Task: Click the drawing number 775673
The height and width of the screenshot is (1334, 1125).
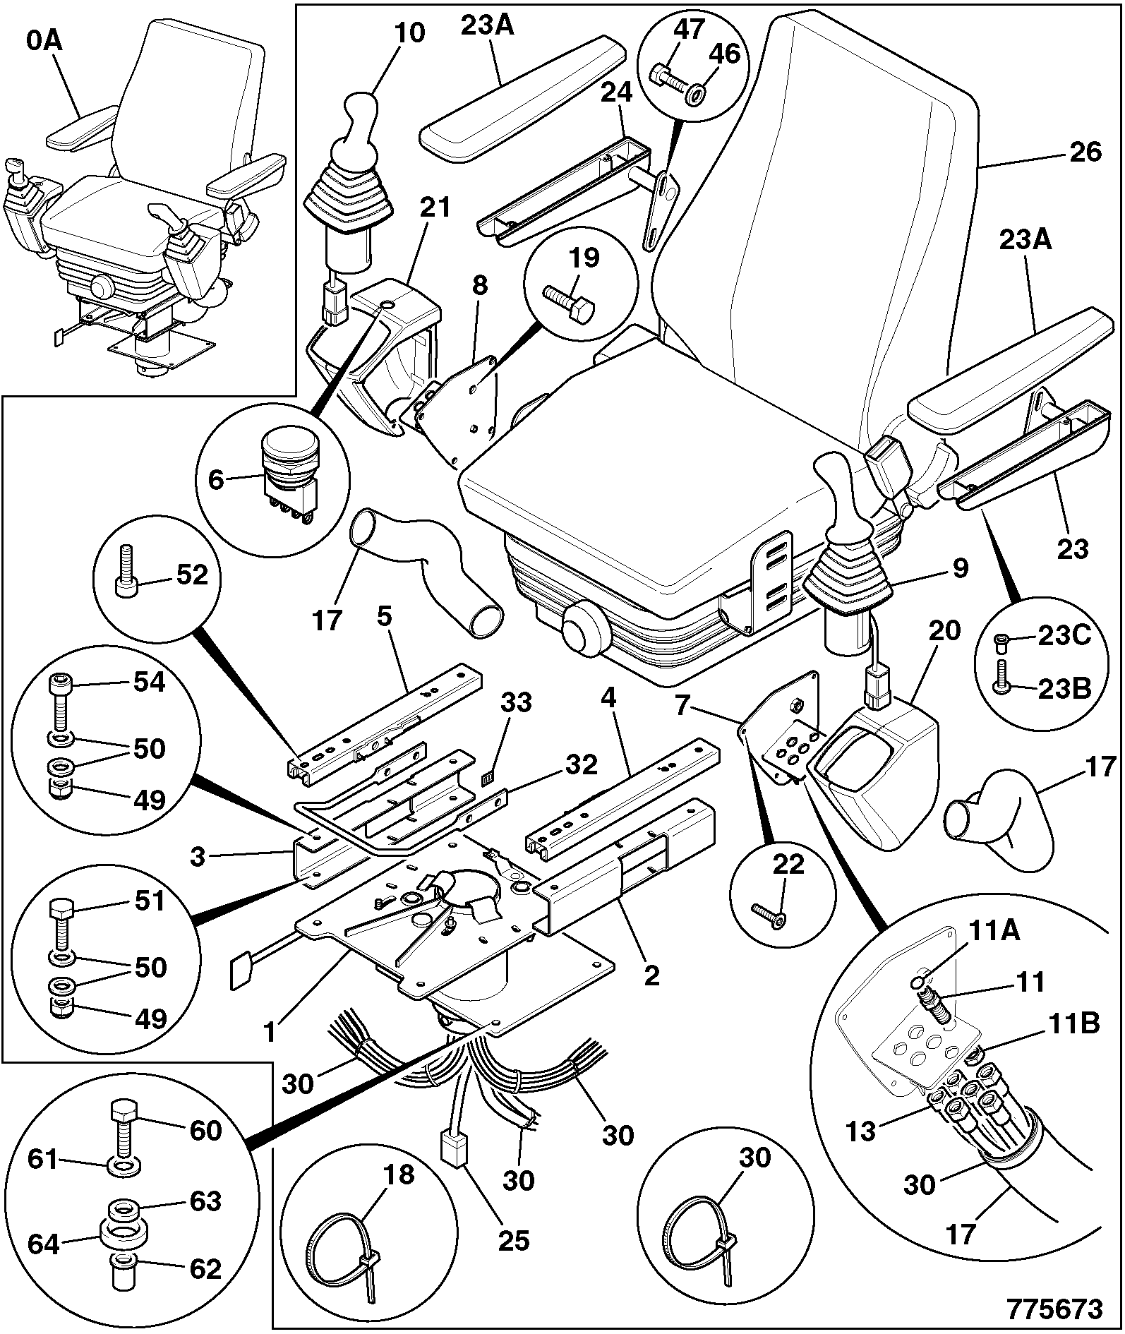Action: (x=1054, y=1309)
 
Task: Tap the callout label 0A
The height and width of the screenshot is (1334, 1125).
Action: (x=44, y=42)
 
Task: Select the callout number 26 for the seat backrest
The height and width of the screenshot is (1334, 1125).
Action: (x=1084, y=152)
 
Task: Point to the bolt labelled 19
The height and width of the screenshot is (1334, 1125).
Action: (x=569, y=304)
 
